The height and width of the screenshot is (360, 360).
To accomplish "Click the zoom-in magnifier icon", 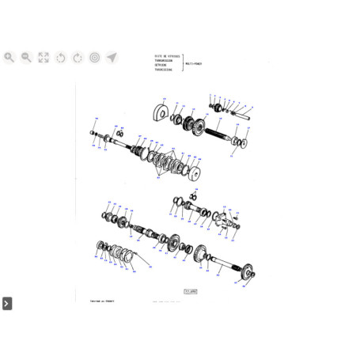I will (x=9, y=58).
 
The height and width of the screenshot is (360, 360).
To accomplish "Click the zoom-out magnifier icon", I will (x=26, y=58).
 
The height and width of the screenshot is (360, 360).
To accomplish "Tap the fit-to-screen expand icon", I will (x=44, y=58).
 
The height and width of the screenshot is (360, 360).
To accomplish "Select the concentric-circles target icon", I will (x=94, y=58).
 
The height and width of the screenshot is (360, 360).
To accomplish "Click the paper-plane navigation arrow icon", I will (x=112, y=58).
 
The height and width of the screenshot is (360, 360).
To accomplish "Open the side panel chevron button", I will (x=6, y=303).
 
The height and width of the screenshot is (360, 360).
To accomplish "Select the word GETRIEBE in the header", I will (x=161, y=67).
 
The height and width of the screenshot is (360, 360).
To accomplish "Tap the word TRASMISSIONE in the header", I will (x=164, y=72).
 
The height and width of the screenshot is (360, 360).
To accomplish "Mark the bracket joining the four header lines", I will (x=184, y=64).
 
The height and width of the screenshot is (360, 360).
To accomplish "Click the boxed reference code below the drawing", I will (x=189, y=291).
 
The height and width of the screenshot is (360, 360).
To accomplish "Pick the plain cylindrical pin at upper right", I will (x=241, y=119).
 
